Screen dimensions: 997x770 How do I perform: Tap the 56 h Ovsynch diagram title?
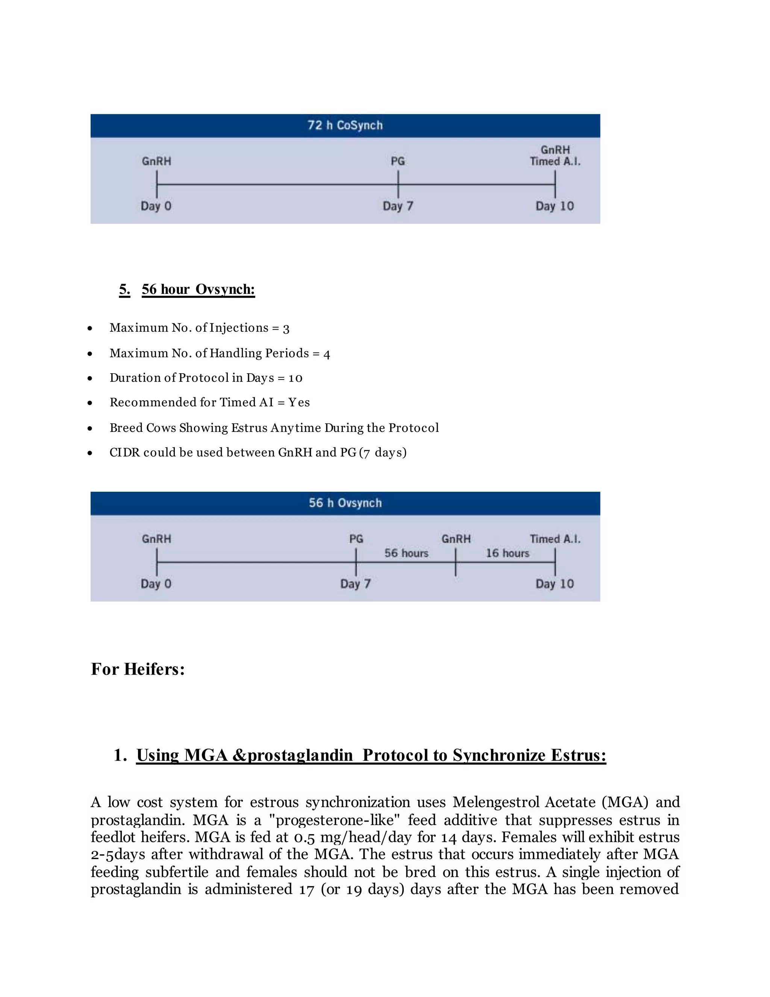(x=345, y=503)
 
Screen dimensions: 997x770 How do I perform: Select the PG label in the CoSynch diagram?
(x=398, y=161)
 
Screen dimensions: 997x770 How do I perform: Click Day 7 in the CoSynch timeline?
(x=398, y=206)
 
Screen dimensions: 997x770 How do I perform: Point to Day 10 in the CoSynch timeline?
(x=554, y=206)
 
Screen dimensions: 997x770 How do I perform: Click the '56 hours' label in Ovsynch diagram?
(x=406, y=553)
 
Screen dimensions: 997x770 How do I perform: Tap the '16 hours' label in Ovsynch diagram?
(x=507, y=553)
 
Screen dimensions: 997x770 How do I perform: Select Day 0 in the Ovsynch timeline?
(x=156, y=584)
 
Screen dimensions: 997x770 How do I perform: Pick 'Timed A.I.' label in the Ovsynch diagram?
(x=555, y=539)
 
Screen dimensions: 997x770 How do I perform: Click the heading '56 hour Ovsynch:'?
(x=198, y=289)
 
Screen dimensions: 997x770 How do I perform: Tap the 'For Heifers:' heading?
(x=138, y=669)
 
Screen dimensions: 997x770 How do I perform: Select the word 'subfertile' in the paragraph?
(x=177, y=872)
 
